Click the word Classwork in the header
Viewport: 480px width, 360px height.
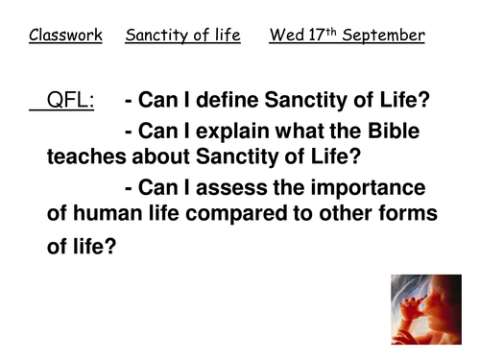pyautogui.click(x=65, y=36)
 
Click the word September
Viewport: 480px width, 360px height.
pyautogui.click(x=383, y=37)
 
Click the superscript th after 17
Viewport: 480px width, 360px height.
pyautogui.click(x=330, y=33)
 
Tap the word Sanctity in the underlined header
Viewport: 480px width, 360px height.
pyautogui.click(x=156, y=36)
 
